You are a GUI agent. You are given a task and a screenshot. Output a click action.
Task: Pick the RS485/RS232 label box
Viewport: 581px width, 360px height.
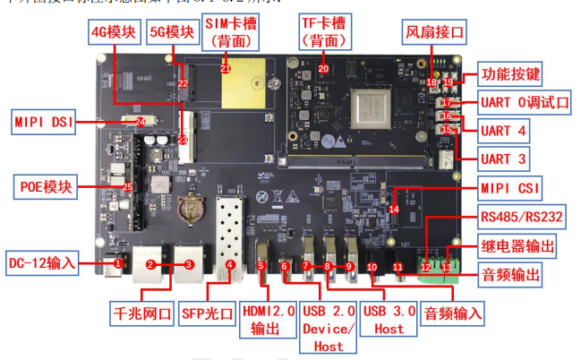(x=523, y=216)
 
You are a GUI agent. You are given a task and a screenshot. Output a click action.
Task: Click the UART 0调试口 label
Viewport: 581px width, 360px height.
(x=525, y=102)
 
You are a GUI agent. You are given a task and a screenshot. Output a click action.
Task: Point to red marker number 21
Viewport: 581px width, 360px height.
(x=225, y=68)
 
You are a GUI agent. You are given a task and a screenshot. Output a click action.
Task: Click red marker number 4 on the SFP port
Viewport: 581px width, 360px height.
(x=230, y=265)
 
